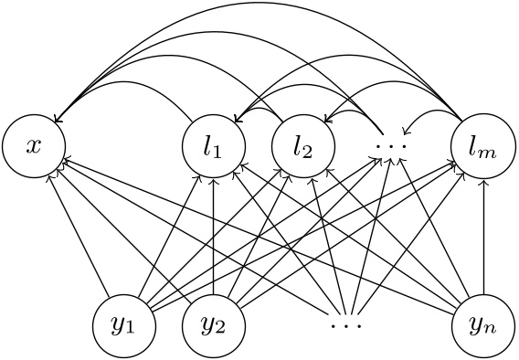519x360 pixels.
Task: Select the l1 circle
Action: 213,145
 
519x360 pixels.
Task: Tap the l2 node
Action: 302,145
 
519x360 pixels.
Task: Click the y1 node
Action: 123,325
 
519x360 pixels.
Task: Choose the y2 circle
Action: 213,325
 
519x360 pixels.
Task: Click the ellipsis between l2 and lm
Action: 393,145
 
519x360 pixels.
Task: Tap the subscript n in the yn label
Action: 491,331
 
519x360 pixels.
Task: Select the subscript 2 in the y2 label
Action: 221,331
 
